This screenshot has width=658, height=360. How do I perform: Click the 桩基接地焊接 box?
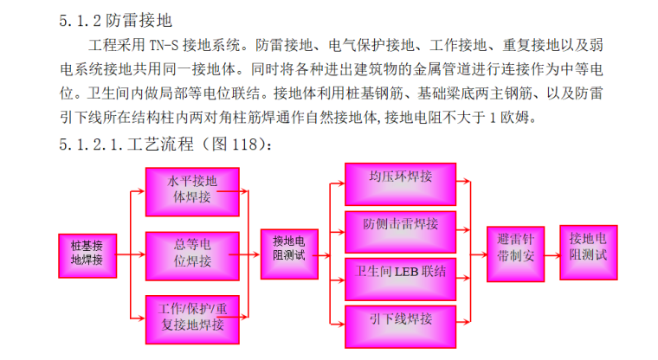pyautogui.click(x=86, y=254)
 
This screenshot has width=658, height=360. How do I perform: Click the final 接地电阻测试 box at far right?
pyautogui.click(x=588, y=248)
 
